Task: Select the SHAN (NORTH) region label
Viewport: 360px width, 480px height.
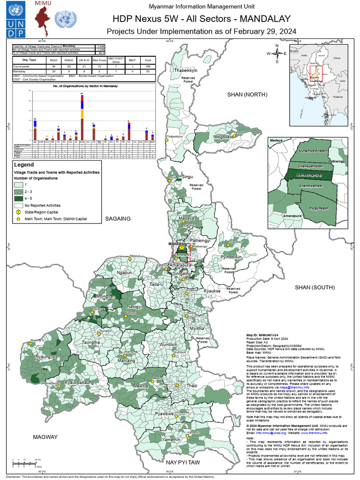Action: [247, 95]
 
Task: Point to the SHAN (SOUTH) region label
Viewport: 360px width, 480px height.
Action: [313, 287]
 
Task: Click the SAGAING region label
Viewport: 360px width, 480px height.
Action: [118, 218]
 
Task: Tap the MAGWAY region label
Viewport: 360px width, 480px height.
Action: [45, 437]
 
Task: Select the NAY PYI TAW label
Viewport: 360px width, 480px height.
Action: [183, 463]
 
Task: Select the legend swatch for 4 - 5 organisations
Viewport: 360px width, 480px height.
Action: [18, 199]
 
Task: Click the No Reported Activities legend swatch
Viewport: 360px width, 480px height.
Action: [18, 205]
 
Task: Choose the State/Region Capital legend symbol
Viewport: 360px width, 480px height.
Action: [18, 212]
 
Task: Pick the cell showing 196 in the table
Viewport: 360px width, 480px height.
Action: [148, 67]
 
